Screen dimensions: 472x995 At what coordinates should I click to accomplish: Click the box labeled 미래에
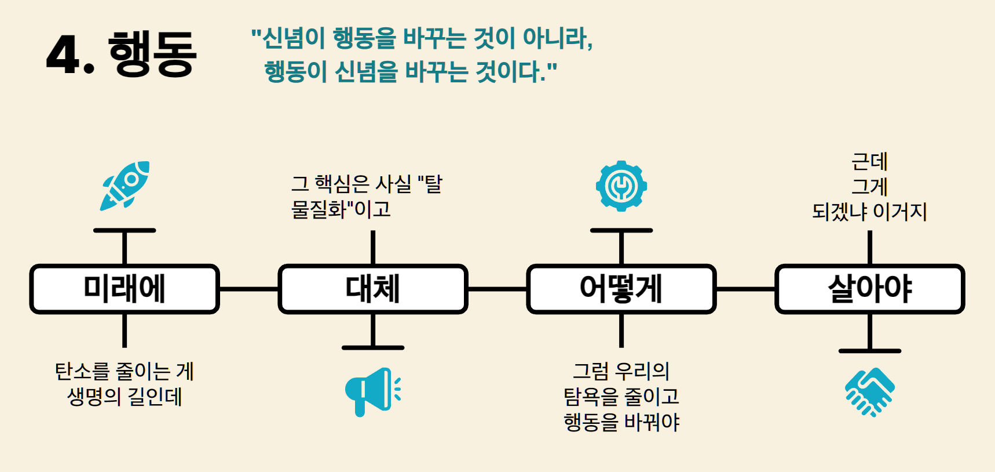click(125, 289)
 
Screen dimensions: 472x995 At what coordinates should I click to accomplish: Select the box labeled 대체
click(373, 289)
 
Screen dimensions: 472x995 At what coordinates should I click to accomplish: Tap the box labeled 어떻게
click(621, 289)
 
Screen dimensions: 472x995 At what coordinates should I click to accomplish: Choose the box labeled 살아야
click(869, 289)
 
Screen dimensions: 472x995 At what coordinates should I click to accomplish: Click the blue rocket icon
click(125, 186)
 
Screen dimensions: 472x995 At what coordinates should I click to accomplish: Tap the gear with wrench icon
click(621, 186)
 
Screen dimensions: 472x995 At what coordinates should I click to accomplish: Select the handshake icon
click(869, 392)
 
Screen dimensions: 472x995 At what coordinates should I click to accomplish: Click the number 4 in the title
click(64, 55)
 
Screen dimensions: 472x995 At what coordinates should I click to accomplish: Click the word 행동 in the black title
click(152, 54)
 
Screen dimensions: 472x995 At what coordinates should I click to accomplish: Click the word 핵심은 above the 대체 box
click(342, 184)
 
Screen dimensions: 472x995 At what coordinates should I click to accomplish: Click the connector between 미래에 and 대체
click(249, 289)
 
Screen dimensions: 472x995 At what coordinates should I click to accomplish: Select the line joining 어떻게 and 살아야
click(745, 289)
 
